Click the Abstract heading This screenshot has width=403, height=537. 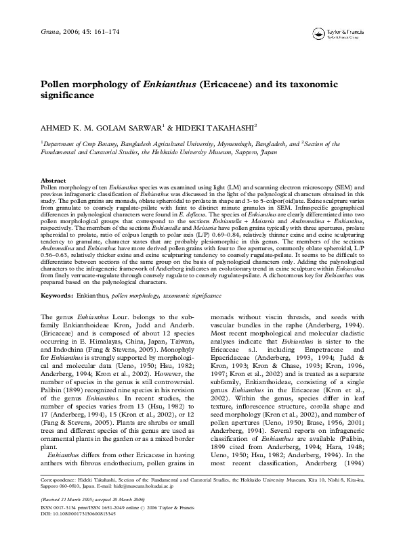(54, 181)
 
